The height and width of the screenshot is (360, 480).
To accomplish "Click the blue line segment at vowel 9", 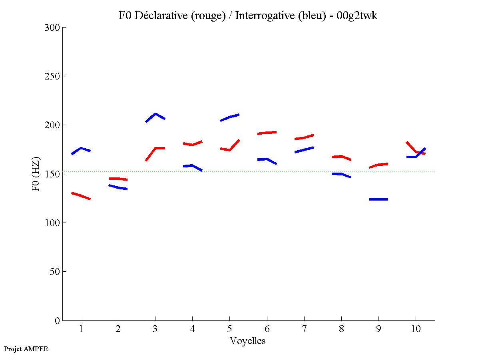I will click(378, 199).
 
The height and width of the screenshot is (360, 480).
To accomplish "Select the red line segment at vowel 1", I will click(81, 196).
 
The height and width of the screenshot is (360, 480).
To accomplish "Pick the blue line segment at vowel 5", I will click(230, 117).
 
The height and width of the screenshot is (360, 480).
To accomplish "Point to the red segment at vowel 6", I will click(267, 133).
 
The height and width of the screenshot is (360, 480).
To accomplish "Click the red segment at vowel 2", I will click(118, 179).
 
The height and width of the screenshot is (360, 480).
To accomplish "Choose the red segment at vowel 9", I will click(378, 165).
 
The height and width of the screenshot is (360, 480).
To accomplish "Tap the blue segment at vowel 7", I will click(304, 150).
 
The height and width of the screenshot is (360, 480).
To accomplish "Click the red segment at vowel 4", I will click(192, 144).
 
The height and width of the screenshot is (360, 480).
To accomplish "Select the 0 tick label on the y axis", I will click(57, 320).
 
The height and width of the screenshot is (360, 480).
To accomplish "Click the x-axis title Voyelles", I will click(248, 341).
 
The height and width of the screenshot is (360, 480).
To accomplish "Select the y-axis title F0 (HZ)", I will click(36, 174).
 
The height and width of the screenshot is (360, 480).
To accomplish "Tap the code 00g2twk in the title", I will click(357, 16).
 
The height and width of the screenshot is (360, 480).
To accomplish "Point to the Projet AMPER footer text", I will click(26, 349).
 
